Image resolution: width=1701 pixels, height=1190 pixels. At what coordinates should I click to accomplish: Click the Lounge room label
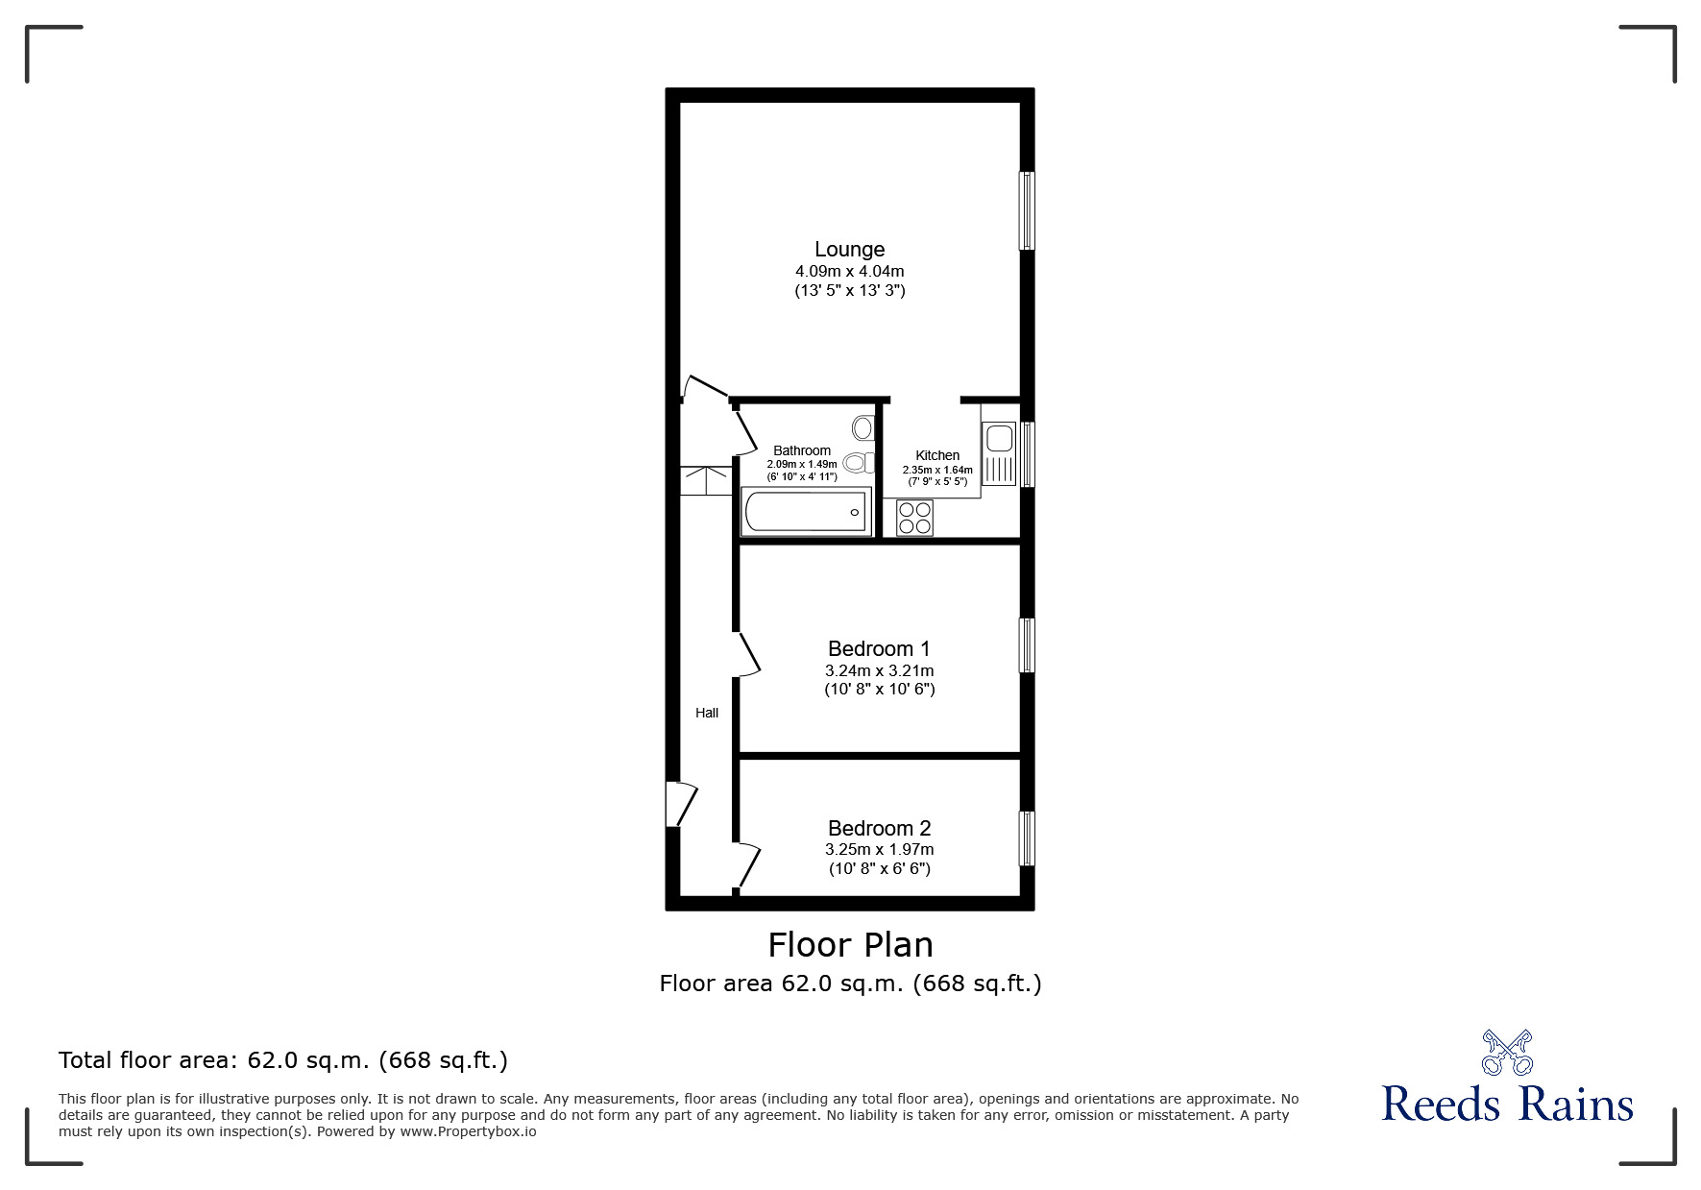[849, 250]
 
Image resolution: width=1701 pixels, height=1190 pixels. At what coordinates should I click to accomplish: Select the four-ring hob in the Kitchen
[914, 519]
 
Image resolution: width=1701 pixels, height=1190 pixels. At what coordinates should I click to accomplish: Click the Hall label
[707, 713]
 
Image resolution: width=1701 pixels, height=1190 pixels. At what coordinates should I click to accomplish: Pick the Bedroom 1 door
[747, 655]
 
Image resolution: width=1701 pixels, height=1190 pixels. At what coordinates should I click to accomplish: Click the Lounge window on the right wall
[1027, 210]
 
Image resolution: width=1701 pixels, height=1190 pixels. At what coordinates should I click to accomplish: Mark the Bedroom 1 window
[1027, 644]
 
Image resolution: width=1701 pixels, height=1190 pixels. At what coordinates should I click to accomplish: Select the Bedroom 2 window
[1027, 838]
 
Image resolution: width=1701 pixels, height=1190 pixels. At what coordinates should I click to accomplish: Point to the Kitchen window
[1027, 454]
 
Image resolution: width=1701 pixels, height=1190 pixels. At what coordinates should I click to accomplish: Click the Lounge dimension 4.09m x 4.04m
[849, 272]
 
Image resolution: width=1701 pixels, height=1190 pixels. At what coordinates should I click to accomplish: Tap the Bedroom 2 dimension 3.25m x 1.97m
[879, 850]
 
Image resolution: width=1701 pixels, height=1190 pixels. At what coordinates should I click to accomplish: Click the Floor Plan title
[850, 945]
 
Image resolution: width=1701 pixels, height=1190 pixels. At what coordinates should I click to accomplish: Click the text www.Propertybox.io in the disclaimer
[468, 1131]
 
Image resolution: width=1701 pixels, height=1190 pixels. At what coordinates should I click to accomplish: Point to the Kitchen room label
[937, 455]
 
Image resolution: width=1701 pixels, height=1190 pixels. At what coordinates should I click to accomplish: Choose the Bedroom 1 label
[879, 648]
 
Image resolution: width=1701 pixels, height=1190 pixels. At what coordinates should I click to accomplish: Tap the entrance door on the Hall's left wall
[680, 804]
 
